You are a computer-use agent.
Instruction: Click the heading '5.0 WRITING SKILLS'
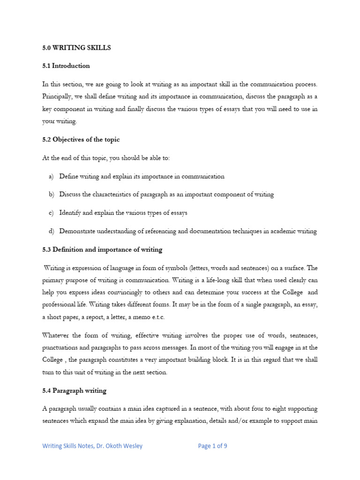(76, 48)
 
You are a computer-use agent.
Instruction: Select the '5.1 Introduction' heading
(66, 66)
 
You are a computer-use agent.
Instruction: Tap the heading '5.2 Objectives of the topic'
(81, 140)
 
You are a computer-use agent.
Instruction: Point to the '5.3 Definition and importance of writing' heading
(102, 250)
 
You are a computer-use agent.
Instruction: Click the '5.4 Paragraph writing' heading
(74, 390)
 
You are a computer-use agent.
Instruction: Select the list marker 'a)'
(51, 177)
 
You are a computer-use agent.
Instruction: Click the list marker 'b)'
(51, 195)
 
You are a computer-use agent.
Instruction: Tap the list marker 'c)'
(51, 213)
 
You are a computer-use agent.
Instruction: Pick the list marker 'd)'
(51, 231)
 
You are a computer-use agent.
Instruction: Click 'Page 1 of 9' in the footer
(212, 446)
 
